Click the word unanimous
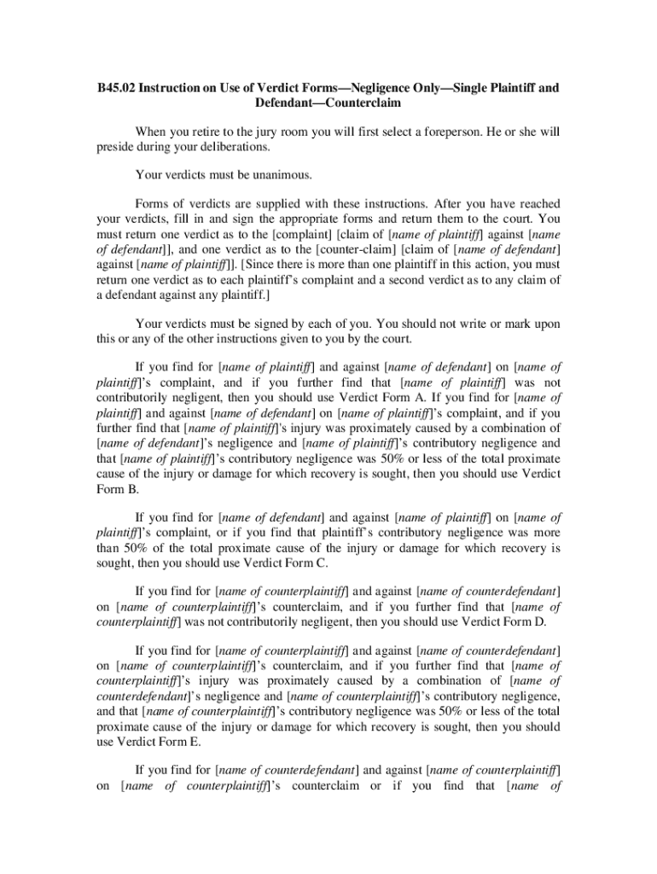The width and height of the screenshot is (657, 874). [283, 176]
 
